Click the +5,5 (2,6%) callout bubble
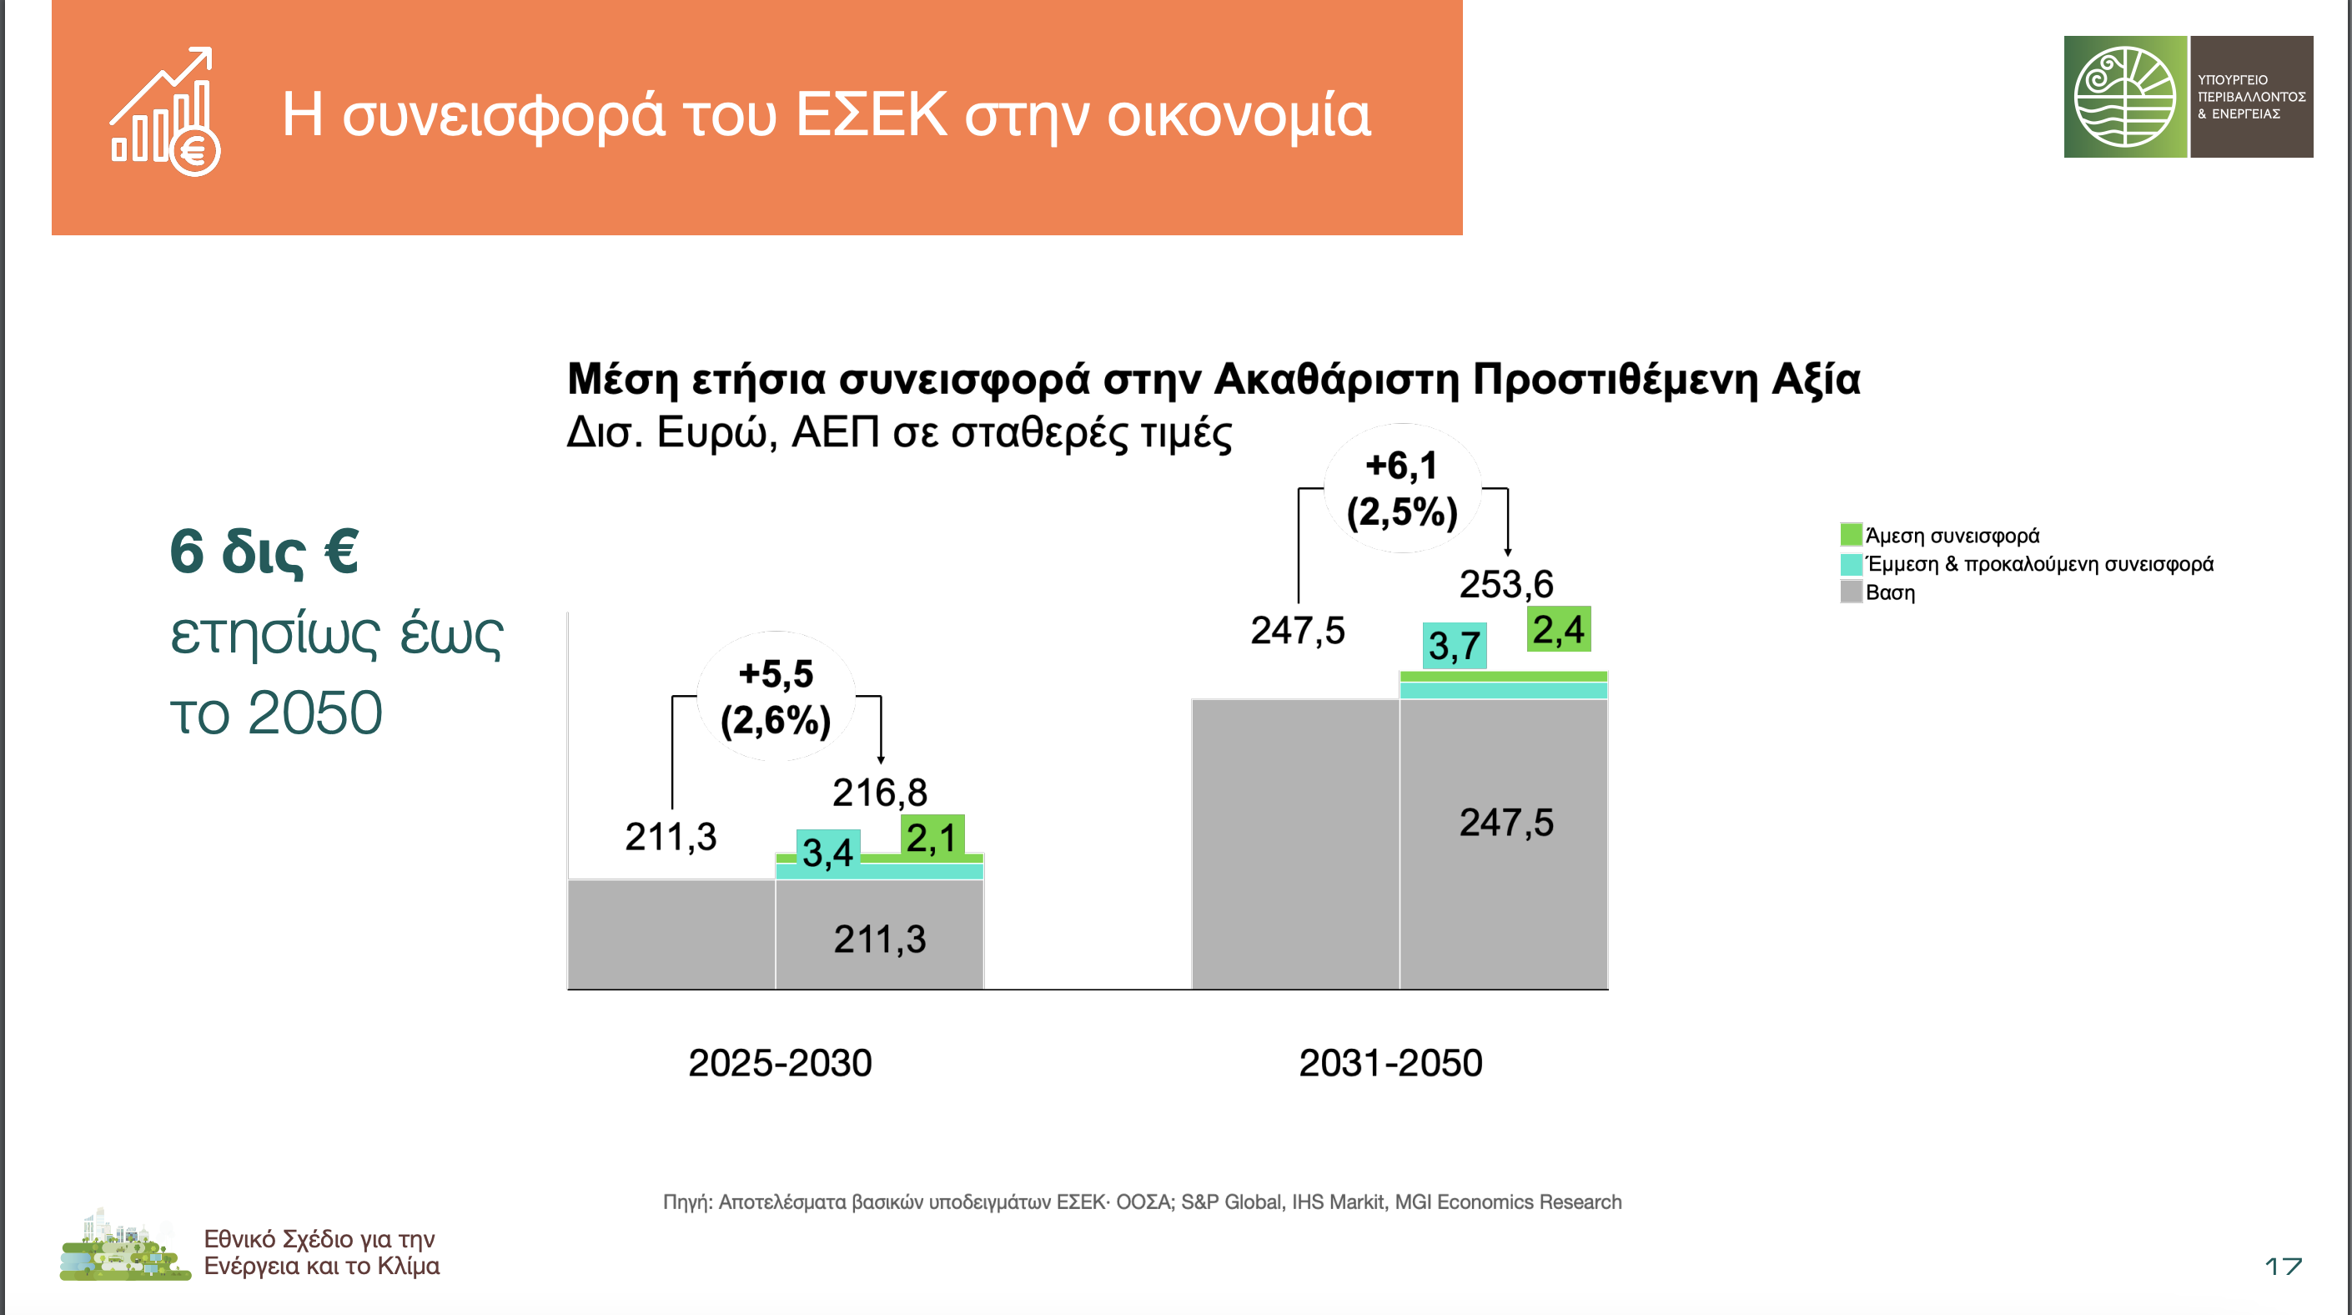click(776, 696)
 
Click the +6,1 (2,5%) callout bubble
click(1402, 489)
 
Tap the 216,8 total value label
click(879, 793)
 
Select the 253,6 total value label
click(1505, 584)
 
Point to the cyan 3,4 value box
click(828, 852)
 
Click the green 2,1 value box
click(932, 837)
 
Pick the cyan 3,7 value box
click(1455, 646)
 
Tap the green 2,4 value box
click(1559, 629)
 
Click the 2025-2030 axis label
click(780, 1063)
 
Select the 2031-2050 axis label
click(1390, 1063)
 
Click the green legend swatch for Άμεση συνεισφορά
click(1851, 534)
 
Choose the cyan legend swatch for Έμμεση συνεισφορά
click(1851, 563)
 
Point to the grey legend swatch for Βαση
click(1851, 592)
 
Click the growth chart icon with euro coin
click(165, 112)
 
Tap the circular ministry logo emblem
click(2124, 97)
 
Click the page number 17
click(2284, 1266)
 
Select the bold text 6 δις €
click(264, 552)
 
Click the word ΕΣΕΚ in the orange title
click(871, 115)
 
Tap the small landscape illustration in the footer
click(125, 1245)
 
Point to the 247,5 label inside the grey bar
click(1505, 823)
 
